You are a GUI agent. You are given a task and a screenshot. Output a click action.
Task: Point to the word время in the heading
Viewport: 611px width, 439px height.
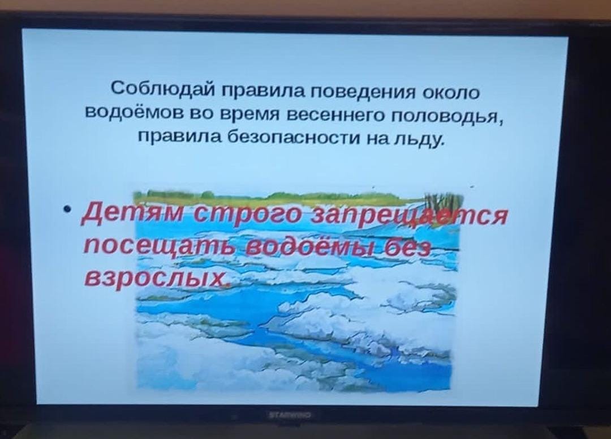253,114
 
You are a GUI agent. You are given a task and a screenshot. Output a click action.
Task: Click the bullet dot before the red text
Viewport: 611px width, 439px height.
69,210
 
